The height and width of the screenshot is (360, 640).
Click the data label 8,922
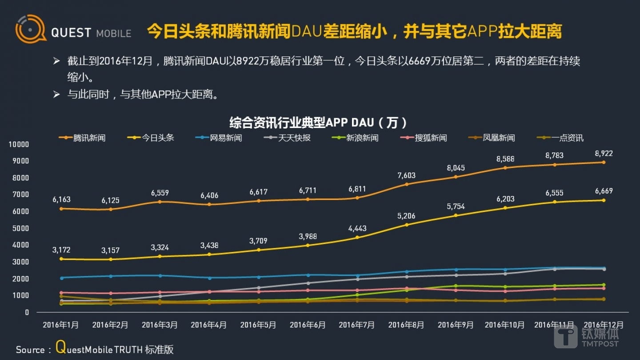(x=603, y=153)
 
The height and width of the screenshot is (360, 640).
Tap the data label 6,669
(x=603, y=191)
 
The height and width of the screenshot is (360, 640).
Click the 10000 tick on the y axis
(x=19, y=144)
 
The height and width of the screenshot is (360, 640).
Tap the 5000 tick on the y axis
(x=20, y=228)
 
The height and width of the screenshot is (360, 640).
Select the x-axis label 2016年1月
(x=61, y=325)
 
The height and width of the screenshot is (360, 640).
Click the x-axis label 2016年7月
(x=357, y=325)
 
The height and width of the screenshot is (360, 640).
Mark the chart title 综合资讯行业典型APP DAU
(x=319, y=123)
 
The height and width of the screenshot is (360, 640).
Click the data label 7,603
(x=406, y=175)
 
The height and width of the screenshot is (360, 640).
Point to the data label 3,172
(x=61, y=250)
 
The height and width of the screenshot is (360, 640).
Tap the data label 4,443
(x=357, y=228)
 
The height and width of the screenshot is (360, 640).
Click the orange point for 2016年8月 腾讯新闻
(x=406, y=184)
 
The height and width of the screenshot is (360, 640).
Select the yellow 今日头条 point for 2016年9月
(x=456, y=216)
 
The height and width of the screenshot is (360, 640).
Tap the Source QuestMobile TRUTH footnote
(x=95, y=349)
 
